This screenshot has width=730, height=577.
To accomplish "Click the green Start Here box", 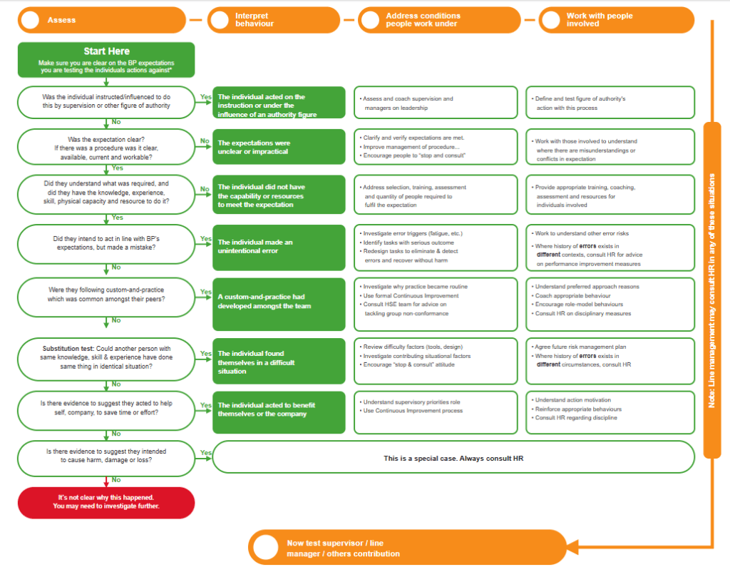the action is tap(106, 60).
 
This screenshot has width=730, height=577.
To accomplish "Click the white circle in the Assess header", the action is tap(30, 20).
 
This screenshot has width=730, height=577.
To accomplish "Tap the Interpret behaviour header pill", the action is tap(273, 20).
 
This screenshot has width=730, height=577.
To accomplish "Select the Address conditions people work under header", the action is tap(439, 20).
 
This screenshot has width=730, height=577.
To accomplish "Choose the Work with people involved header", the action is tap(617, 20).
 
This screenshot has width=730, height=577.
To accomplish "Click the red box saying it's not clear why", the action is tap(106, 503).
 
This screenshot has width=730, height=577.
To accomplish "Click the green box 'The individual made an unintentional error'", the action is tap(279, 247).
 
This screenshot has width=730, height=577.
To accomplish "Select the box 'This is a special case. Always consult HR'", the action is tap(453, 458).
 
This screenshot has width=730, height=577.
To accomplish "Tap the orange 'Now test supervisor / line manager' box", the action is tap(407, 547).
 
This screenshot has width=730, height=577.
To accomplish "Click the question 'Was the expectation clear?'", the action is tap(106, 147).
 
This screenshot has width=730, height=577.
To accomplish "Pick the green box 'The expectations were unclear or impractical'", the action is tap(279, 147).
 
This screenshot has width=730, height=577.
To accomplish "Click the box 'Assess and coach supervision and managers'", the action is tap(436, 103).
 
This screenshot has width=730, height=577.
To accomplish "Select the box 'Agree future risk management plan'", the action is tap(610, 361).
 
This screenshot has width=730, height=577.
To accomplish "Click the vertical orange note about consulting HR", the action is tap(712, 290).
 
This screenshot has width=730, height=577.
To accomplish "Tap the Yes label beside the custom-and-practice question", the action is tap(206, 292).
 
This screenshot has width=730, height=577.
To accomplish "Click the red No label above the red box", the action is tap(116, 480).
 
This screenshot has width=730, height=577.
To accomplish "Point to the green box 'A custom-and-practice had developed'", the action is tap(279, 304).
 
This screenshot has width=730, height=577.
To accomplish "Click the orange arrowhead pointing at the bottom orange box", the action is tap(572, 547).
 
